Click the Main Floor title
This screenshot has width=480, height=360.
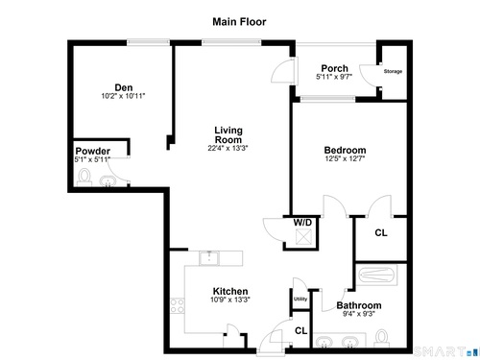tap(239, 22)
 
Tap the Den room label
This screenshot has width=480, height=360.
tap(124, 87)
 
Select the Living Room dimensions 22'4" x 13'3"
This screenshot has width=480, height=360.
tap(228, 148)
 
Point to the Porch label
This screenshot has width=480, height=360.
tap(334, 68)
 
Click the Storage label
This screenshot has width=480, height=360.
tap(393, 71)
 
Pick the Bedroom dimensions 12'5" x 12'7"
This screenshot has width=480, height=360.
tap(345, 158)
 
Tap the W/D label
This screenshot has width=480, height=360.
tap(302, 222)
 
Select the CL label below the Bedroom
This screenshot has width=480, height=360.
tap(381, 232)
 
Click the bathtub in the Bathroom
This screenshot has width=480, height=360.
tap(376, 275)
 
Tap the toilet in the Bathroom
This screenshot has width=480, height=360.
tap(381, 338)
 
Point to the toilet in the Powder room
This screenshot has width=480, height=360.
tap(84, 178)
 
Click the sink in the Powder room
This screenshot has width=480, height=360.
tap(108, 181)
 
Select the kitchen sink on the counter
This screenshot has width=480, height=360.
tap(209, 258)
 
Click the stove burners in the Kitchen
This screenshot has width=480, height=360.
tap(178, 305)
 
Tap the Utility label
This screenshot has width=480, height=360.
tap(300, 299)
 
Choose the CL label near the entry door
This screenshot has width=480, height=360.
tap(300, 330)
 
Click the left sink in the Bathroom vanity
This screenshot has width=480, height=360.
tap(324, 342)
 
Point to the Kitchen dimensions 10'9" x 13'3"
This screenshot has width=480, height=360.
tap(230, 300)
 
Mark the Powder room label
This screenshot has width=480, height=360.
tap(93, 151)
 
